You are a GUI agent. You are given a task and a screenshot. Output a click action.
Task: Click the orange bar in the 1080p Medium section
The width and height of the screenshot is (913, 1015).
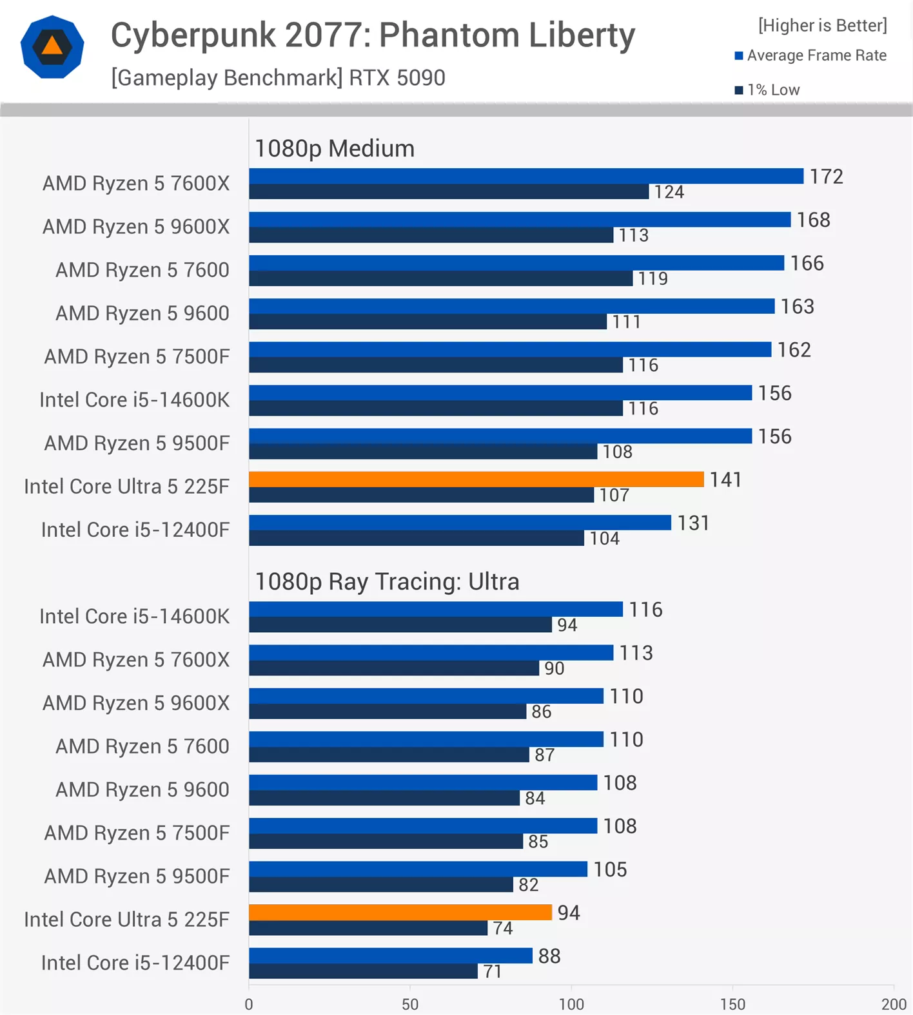click(476, 479)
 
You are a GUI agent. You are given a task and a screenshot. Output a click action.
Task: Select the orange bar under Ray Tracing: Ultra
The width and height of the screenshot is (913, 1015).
click(400, 913)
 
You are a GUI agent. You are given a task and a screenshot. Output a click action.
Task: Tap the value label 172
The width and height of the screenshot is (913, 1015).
click(826, 177)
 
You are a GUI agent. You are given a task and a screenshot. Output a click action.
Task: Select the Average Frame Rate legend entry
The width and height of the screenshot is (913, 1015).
click(810, 55)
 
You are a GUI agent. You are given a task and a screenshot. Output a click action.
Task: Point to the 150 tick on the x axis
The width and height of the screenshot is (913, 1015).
click(732, 1004)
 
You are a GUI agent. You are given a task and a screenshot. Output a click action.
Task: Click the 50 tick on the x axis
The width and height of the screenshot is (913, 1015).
click(410, 1004)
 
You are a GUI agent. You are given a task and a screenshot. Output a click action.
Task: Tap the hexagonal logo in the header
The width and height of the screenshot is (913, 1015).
click(52, 47)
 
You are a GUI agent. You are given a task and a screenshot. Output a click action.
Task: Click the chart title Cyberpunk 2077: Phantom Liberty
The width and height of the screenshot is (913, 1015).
click(373, 35)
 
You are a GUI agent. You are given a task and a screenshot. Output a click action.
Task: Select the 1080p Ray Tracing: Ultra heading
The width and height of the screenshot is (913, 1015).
click(387, 581)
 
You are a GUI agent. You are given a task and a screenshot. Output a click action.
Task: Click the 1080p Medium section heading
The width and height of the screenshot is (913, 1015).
click(335, 148)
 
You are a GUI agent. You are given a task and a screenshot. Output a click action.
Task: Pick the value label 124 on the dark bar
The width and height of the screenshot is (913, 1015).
click(669, 192)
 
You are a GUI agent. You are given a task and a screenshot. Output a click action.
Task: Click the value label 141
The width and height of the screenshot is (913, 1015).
click(725, 479)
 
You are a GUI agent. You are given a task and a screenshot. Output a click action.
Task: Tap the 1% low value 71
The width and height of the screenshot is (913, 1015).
click(492, 971)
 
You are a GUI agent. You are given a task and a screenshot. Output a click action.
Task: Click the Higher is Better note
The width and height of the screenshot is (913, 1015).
click(822, 25)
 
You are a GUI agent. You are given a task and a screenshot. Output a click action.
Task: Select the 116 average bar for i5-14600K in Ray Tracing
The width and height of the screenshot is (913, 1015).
click(435, 609)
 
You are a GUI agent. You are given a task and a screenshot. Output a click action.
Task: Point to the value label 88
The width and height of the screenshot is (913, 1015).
click(549, 956)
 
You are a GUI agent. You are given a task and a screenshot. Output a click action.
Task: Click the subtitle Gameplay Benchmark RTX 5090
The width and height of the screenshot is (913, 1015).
click(278, 78)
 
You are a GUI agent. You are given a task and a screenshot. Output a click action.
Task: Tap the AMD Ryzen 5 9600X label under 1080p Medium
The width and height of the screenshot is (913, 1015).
click(135, 227)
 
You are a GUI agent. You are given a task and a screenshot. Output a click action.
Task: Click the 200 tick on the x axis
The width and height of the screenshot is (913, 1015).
click(894, 1004)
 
